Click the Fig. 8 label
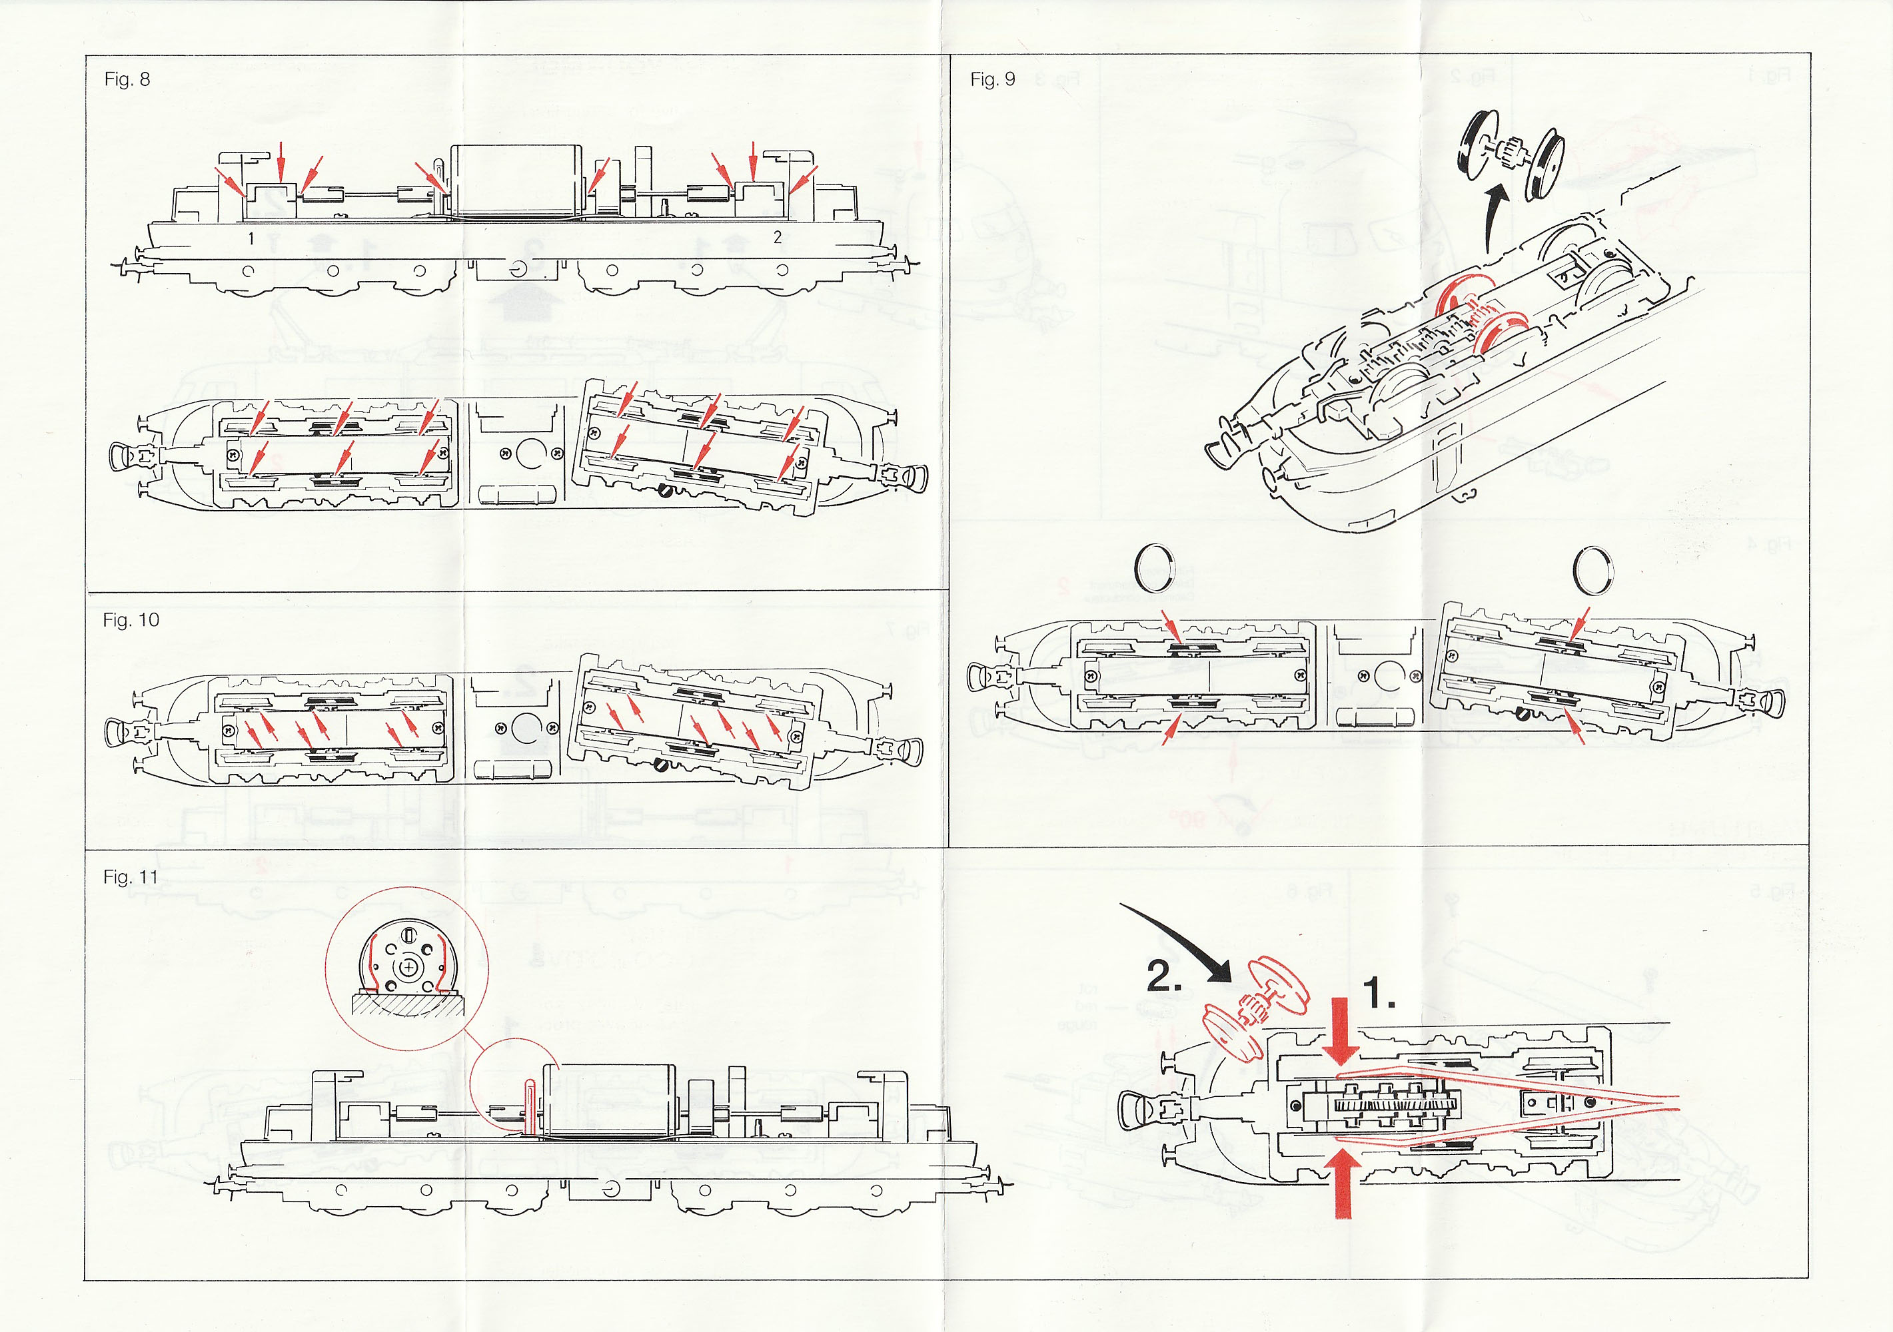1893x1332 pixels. pyautogui.click(x=127, y=79)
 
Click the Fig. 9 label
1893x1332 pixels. pyautogui.click(x=992, y=79)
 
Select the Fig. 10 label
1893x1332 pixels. pyautogui.click(x=131, y=620)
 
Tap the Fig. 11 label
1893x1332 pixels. pyautogui.click(x=129, y=877)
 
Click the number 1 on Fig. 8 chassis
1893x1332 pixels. pyautogui.click(x=251, y=239)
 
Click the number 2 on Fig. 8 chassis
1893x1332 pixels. pyautogui.click(x=777, y=236)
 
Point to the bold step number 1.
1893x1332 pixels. pyautogui.click(x=1379, y=993)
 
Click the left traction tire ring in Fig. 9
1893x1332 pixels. pyautogui.click(x=1154, y=568)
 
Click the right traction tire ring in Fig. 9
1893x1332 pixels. pyautogui.click(x=1593, y=569)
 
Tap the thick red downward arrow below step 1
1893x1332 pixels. pyautogui.click(x=1340, y=1030)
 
